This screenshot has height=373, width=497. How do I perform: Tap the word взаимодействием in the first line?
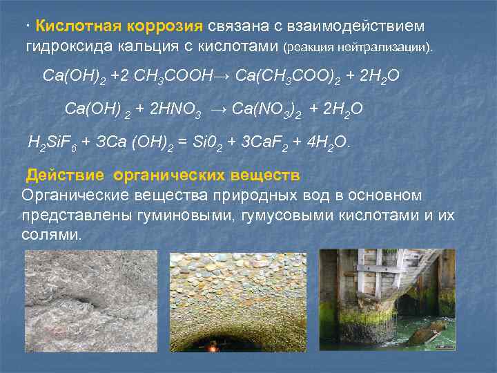coord(362,26)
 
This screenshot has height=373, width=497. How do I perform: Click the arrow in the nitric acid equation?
coord(217,108)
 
